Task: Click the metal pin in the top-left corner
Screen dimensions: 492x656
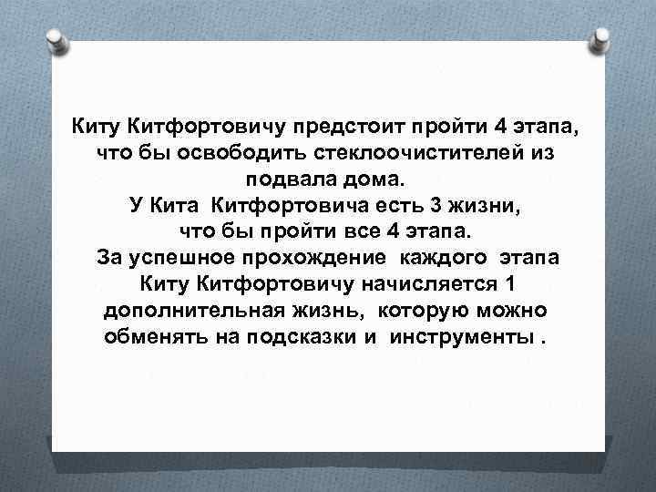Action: pyautogui.click(x=55, y=39)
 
